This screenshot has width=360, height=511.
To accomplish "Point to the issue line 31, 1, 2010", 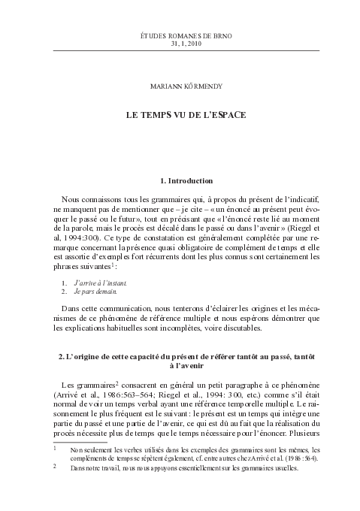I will point(180,43).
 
